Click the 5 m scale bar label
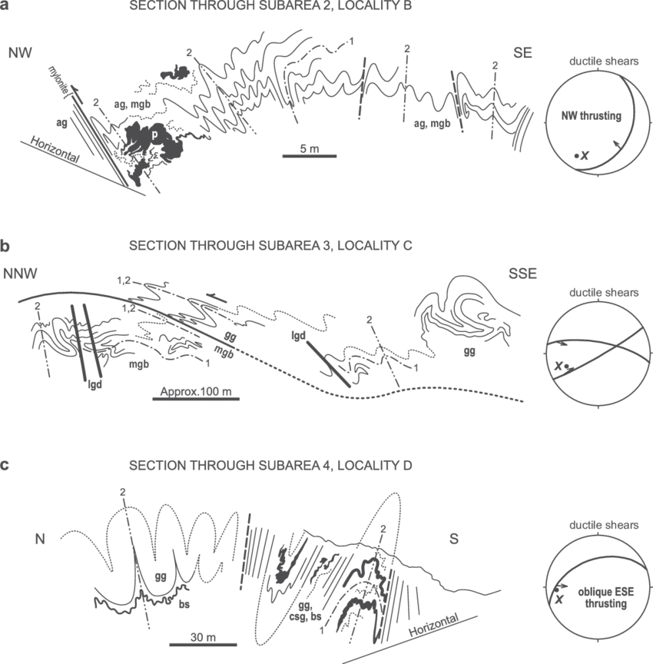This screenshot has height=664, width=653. pyautogui.click(x=310, y=148)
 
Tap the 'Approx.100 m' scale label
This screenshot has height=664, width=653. pyautogui.click(x=196, y=392)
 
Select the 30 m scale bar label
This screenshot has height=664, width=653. pyautogui.click(x=203, y=637)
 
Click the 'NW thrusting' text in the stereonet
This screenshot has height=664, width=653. pyautogui.click(x=592, y=116)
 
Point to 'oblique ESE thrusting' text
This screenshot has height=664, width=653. pyautogui.click(x=606, y=597)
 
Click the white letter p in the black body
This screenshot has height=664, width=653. pyautogui.click(x=155, y=134)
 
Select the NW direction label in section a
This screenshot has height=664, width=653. pyautogui.click(x=20, y=53)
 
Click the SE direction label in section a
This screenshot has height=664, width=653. pyautogui.click(x=522, y=52)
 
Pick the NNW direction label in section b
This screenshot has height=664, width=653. pyautogui.click(x=20, y=274)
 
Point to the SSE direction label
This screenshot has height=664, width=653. pyautogui.click(x=522, y=274)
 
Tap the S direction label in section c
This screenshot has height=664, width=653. pyautogui.click(x=454, y=539)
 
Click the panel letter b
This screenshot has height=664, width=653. pyautogui.click(x=5, y=246)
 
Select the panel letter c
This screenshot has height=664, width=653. pyautogui.click(x=5, y=464)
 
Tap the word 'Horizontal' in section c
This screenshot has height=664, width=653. pyautogui.click(x=434, y=626)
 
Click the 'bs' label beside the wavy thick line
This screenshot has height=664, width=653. pyautogui.click(x=184, y=604)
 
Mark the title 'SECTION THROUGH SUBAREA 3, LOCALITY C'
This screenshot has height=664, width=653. pyautogui.click(x=270, y=246)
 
